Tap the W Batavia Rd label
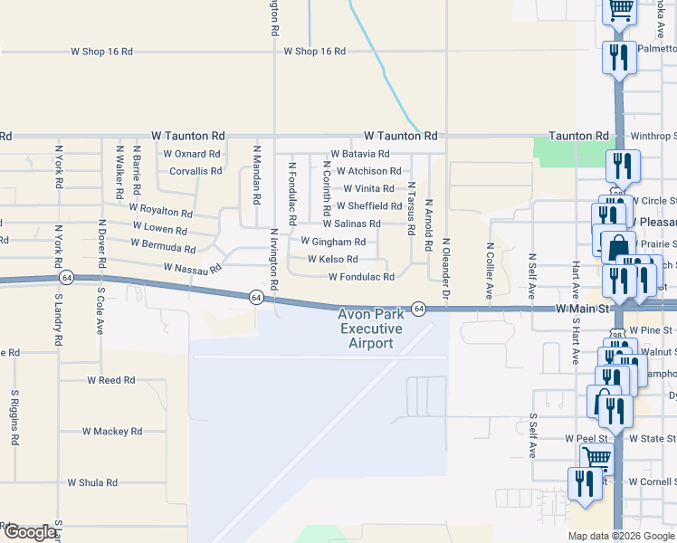tap(360, 154)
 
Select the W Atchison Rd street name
tap(368, 171)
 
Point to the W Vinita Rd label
tap(368, 189)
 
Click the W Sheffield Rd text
tap(368, 206)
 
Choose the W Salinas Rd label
tap(351, 224)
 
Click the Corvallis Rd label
tap(195, 171)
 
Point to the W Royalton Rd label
tap(161, 210)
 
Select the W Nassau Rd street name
tap(193, 269)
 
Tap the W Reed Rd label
tap(110, 381)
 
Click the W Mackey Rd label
tap(112, 432)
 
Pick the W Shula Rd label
tap(92, 483)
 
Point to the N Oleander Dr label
tap(446, 269)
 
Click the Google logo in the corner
tap(30, 532)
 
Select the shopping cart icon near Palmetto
tap(620, 9)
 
